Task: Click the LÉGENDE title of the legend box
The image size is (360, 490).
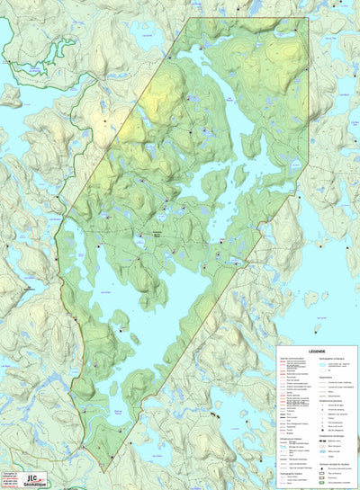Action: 317,352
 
